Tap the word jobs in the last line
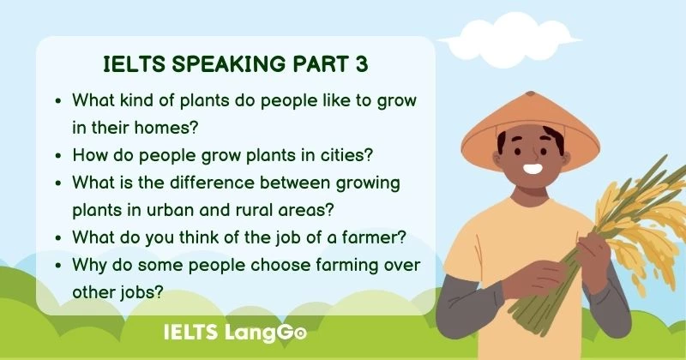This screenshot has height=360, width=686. tap(141, 292)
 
